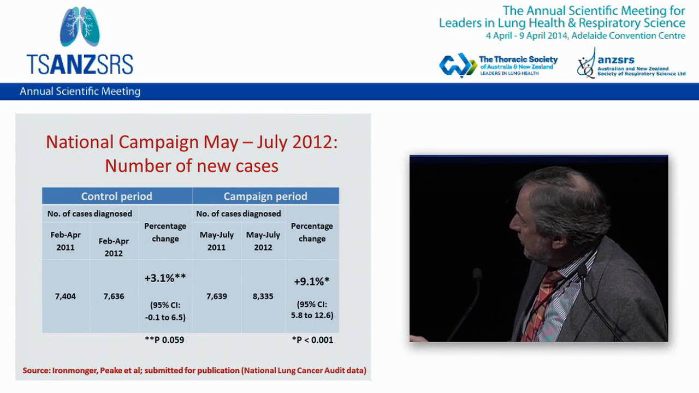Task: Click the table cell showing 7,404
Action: [66, 296]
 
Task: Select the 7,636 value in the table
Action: [114, 296]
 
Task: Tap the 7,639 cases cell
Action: [217, 296]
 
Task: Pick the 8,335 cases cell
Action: [263, 296]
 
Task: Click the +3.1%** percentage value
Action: [165, 278]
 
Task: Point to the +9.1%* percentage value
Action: [311, 282]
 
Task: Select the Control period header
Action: [117, 196]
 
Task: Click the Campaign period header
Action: [265, 196]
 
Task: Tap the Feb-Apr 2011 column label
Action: [66, 241]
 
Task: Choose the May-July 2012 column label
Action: [263, 241]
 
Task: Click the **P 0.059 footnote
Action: [164, 340]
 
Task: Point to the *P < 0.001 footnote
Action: [312, 340]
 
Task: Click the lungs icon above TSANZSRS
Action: [80, 27]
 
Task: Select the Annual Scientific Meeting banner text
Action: [80, 92]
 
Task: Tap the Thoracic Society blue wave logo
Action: [458, 65]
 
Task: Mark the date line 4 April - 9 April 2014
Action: [585, 36]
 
